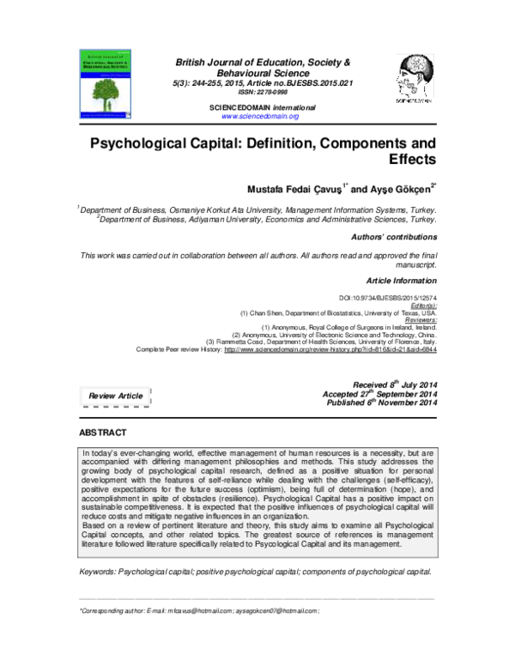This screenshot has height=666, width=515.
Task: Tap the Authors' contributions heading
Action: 394,235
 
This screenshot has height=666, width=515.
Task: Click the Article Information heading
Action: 402,281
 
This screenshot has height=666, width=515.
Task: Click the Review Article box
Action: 115,396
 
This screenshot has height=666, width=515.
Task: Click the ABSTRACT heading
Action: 103,432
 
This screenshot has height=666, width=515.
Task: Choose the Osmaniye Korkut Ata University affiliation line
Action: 257,209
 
